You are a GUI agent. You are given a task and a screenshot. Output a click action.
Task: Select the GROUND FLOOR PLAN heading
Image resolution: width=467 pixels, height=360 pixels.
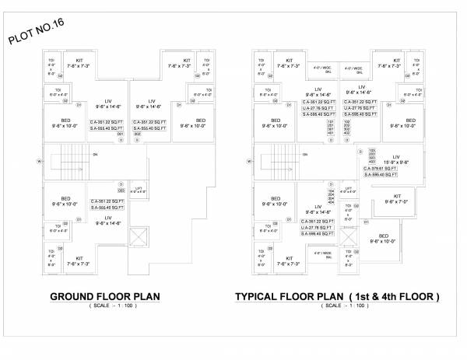point(105,296)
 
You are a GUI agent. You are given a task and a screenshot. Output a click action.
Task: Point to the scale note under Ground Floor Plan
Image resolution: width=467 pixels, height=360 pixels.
point(105,307)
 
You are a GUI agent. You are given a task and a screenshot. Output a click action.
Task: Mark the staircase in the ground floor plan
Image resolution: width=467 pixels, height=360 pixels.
point(65,162)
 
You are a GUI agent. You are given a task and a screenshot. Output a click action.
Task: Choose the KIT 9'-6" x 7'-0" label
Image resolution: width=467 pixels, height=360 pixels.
point(397,198)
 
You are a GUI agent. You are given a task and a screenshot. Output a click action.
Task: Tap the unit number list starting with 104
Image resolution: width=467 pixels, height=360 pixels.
point(331,195)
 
